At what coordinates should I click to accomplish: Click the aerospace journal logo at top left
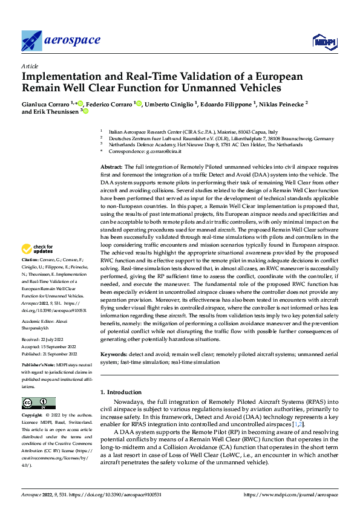(61, 41)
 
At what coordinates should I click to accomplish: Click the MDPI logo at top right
(324, 41)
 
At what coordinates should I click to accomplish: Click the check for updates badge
(38, 248)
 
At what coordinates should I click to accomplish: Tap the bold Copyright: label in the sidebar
(32, 416)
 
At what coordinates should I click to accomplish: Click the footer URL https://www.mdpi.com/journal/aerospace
(290, 494)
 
